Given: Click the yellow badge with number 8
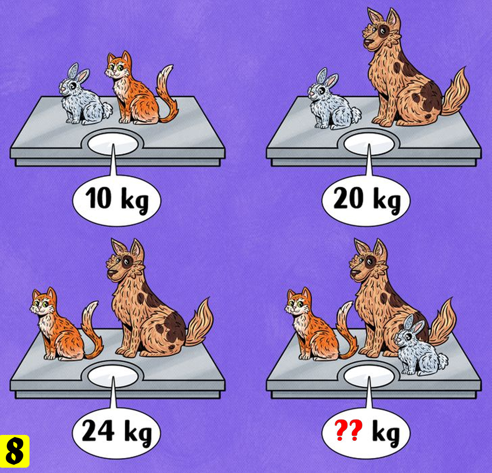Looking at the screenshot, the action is pyautogui.click(x=15, y=451).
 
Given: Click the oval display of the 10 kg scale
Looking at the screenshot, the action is pyautogui.click(x=113, y=144).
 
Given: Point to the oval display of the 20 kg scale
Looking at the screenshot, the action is pyautogui.click(x=369, y=144).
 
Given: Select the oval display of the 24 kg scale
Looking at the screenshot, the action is pyautogui.click(x=113, y=376).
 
